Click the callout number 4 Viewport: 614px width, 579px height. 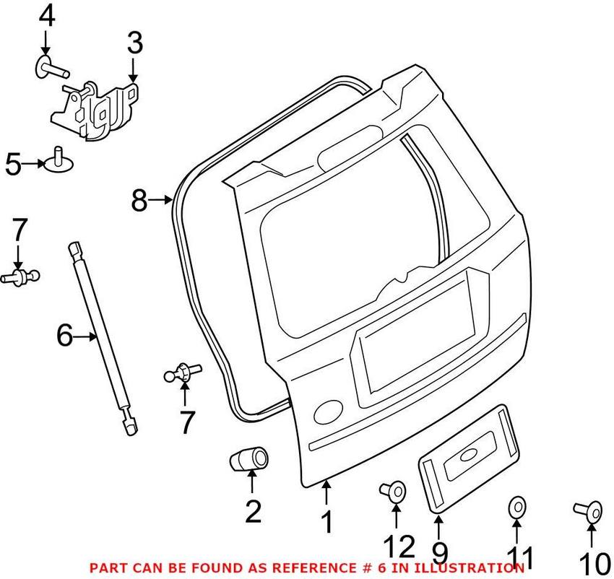(47, 17)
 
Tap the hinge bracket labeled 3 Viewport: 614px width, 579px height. (95, 110)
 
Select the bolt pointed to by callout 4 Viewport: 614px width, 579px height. (52, 68)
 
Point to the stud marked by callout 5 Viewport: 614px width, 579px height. (59, 160)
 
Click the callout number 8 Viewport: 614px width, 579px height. (139, 201)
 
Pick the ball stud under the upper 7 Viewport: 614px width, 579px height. (20, 277)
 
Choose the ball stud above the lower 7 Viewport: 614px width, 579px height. (183, 373)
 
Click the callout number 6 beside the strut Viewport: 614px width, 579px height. (64, 335)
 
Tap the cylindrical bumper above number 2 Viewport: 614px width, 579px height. (249, 459)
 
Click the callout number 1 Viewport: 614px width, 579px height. (327, 522)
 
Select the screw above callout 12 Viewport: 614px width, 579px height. (393, 490)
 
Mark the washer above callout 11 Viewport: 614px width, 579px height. (517, 508)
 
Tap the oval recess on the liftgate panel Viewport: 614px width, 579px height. (328, 413)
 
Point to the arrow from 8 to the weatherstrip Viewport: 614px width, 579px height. (160, 201)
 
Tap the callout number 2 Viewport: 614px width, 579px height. (254, 512)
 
